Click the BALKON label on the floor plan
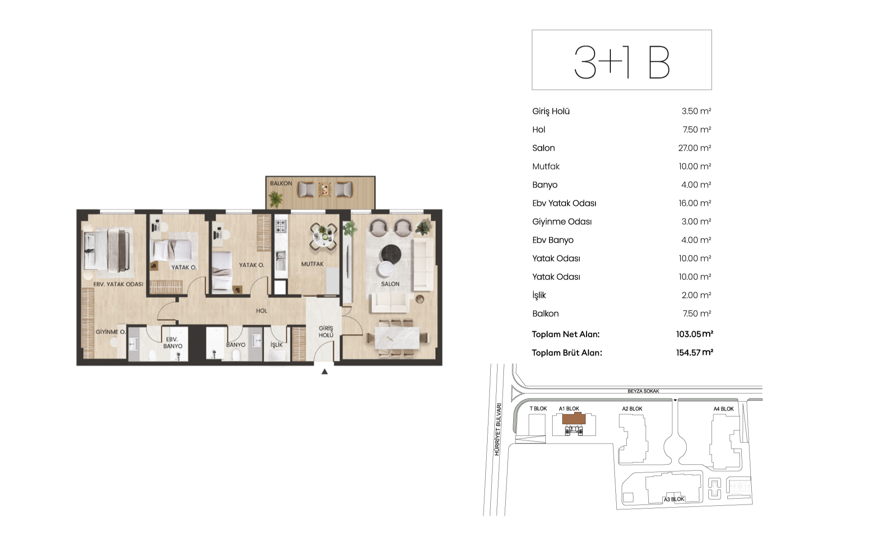(281, 184)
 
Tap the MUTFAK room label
(312, 264)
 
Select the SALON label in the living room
(390, 284)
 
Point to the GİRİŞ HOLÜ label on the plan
(326, 332)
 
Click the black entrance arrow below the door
(325, 372)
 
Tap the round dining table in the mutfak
(324, 236)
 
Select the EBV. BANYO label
(172, 343)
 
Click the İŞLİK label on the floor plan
(276, 345)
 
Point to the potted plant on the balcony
(275, 199)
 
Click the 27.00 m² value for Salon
(694, 148)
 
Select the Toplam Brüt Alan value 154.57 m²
(694, 353)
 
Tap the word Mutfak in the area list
(546, 166)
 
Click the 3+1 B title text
(622, 62)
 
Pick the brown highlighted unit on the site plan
(574, 419)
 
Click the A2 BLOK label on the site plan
(632, 409)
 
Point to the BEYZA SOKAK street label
(643, 391)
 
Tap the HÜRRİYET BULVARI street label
(498, 429)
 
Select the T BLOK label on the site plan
(538, 409)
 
